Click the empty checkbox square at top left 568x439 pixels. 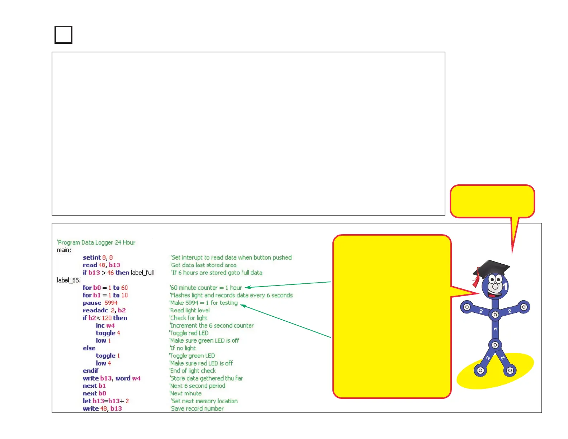click(63, 35)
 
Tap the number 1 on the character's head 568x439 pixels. click(506, 286)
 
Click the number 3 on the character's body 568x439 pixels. click(495, 329)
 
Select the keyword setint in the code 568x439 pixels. click(92, 258)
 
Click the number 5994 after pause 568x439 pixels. click(111, 303)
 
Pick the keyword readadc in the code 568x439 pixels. click(95, 310)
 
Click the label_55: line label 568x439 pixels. click(69, 280)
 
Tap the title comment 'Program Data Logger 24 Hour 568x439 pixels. click(96, 242)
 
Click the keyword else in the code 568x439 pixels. click(89, 348)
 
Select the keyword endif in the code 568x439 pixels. click(91, 370)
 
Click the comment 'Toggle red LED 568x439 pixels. click(189, 333)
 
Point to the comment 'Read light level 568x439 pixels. click(190, 310)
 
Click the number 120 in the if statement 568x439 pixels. click(106, 318)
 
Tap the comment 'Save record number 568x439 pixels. click(197, 409)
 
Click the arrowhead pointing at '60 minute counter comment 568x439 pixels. click(247, 287)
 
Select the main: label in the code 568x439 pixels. click(64, 250)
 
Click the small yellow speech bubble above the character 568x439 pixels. click(492, 201)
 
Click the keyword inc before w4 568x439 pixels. click(100, 325)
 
